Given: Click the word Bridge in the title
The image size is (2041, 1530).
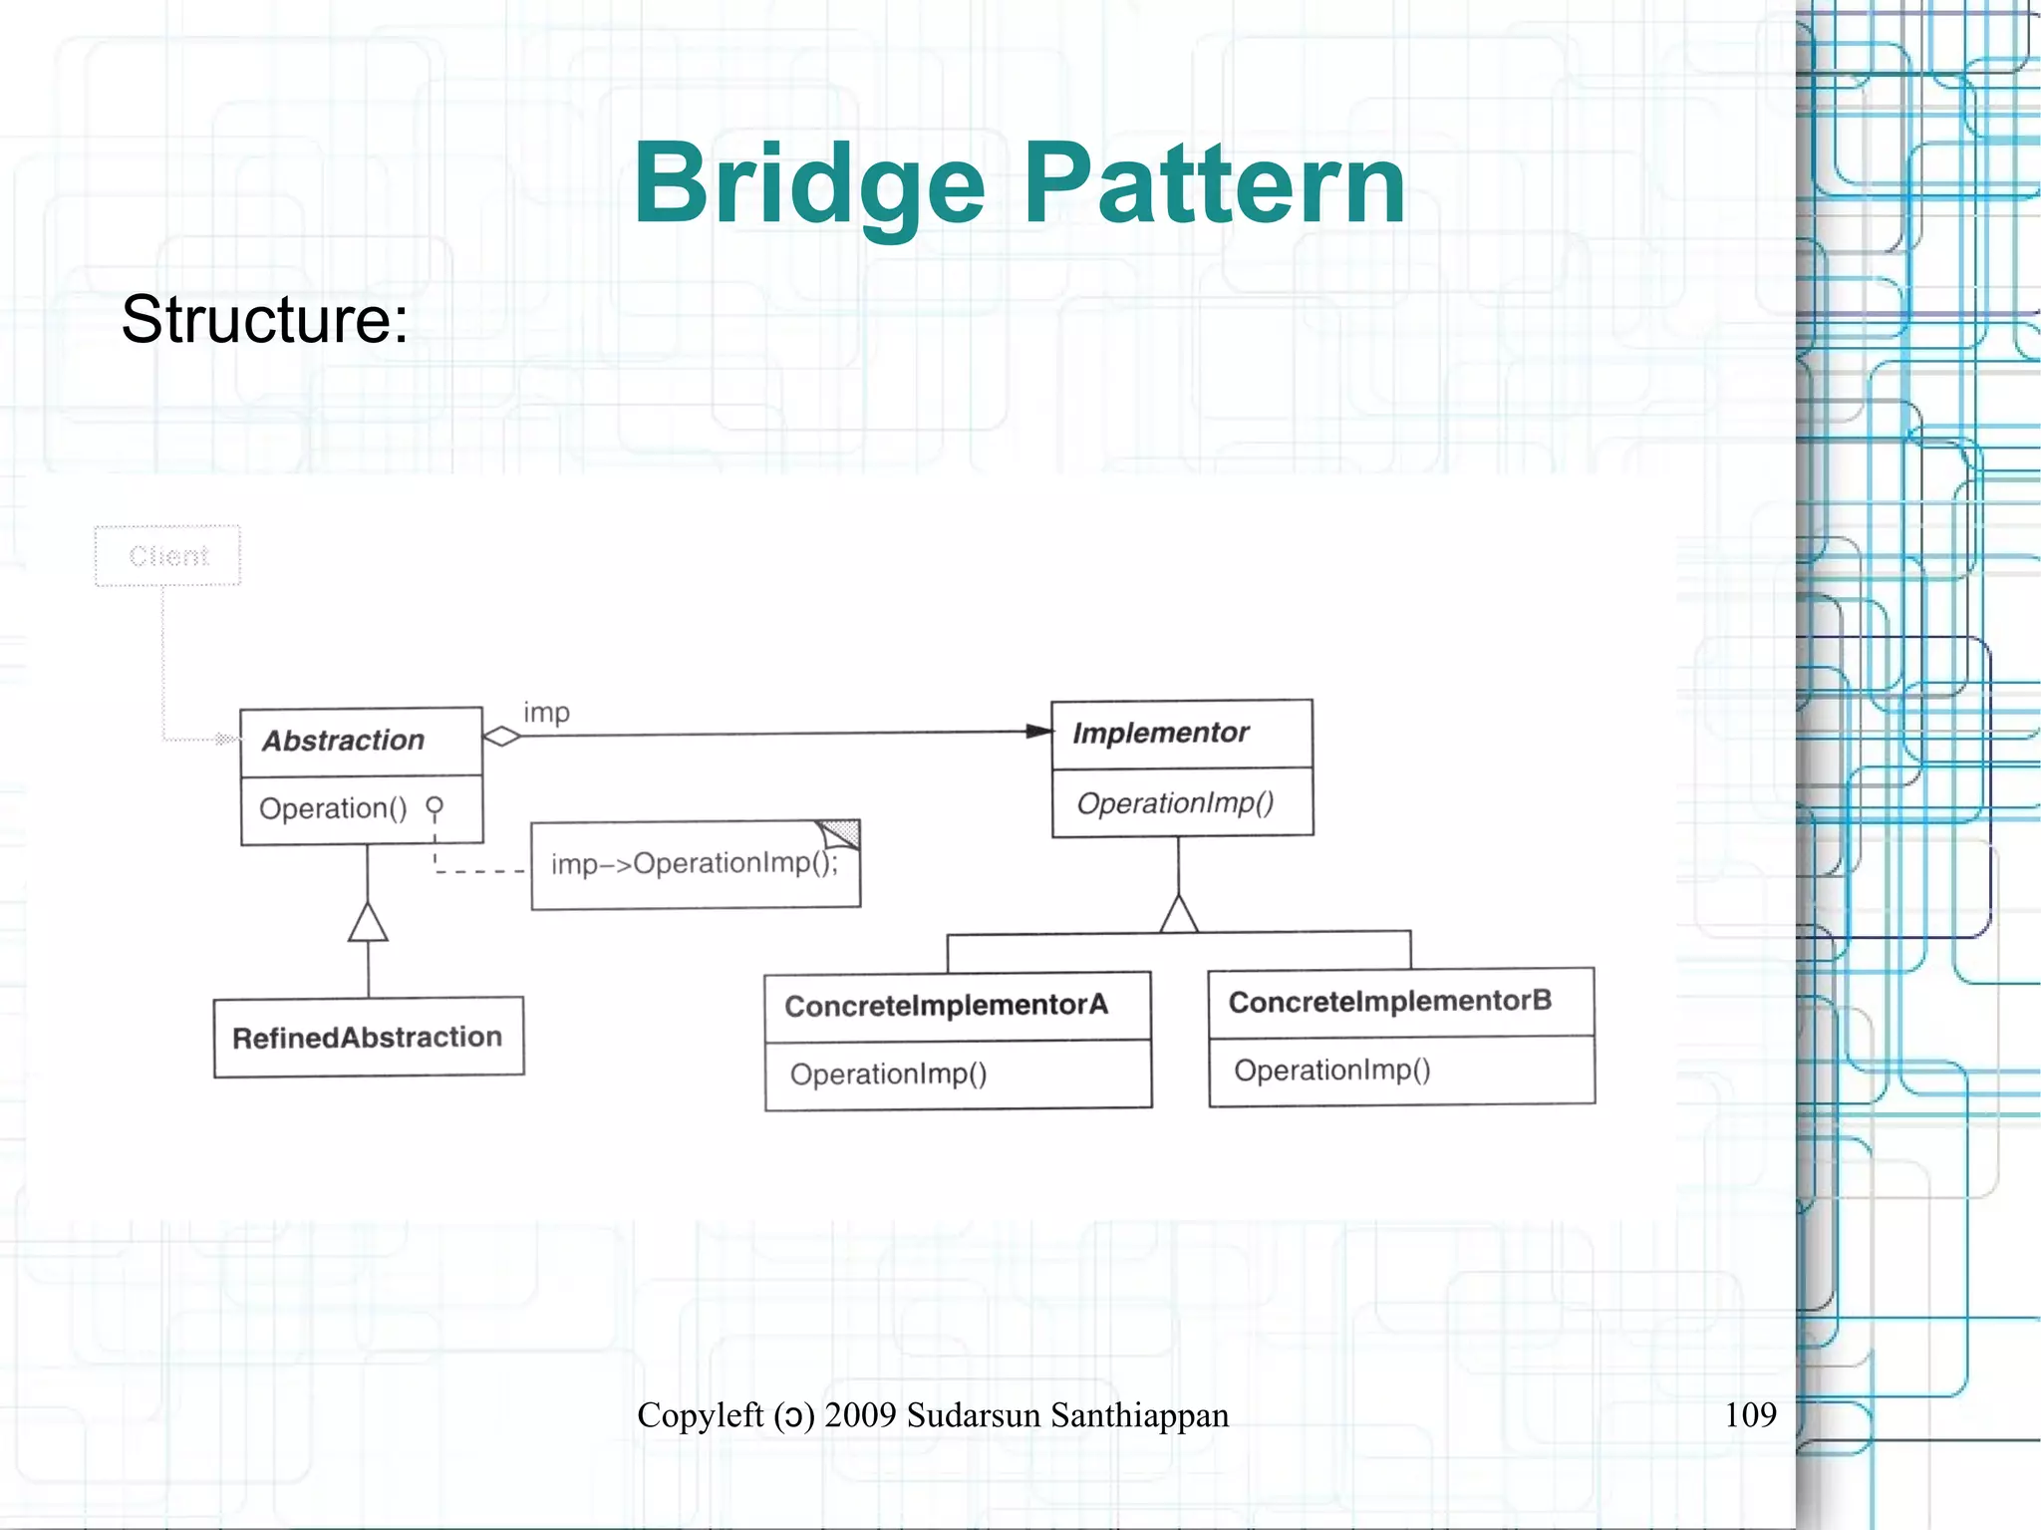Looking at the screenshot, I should click(809, 184).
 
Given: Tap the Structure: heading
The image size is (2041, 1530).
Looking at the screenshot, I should click(264, 320).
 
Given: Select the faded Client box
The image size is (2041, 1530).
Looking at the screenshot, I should click(167, 555).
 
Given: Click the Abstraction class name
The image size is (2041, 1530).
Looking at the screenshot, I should click(344, 741).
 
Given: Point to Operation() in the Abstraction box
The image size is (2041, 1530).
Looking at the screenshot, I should click(333, 808).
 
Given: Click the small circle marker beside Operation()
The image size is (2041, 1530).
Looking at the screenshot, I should click(435, 804).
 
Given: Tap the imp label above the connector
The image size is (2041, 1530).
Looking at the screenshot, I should click(546, 713).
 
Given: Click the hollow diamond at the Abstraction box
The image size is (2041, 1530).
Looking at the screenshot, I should click(501, 737).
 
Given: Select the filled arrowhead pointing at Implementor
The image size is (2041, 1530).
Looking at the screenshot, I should click(1039, 732).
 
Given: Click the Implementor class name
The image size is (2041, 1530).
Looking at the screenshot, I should click(1160, 733).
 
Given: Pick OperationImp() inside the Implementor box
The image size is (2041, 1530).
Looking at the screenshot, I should click(1175, 803).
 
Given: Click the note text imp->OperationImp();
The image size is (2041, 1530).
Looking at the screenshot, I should click(694, 863).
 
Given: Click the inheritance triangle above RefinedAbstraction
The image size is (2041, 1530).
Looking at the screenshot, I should click(368, 923).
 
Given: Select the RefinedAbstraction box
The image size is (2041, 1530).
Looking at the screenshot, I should click(368, 1038).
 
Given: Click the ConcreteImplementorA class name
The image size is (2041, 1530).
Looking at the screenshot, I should click(946, 1005).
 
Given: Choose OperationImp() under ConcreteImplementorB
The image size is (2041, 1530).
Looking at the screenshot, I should click(1331, 1071).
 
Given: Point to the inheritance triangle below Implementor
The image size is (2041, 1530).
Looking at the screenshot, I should click(1179, 914).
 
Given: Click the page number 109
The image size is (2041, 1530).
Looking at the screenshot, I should click(1750, 1414).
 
